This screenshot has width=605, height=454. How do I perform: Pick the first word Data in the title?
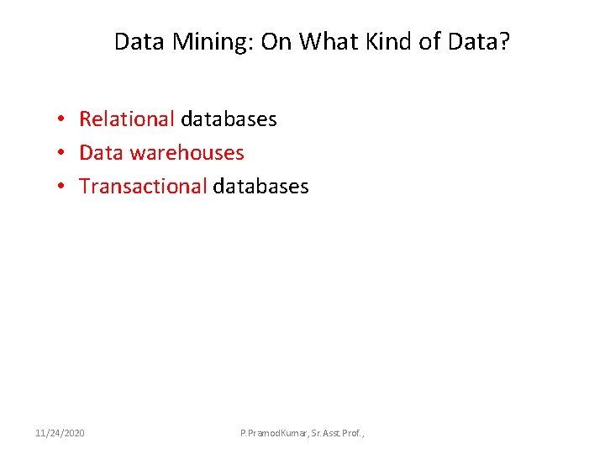click(x=139, y=41)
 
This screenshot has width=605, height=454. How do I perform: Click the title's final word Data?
click(x=481, y=41)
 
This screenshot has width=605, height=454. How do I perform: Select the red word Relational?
click(x=126, y=119)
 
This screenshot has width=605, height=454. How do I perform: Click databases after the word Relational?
click(x=228, y=119)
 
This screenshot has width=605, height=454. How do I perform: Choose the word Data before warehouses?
click(x=100, y=153)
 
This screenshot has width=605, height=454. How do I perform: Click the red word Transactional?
click(x=142, y=187)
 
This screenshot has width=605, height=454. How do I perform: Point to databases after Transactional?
click(x=260, y=187)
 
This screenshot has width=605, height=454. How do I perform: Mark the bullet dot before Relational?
click(x=63, y=119)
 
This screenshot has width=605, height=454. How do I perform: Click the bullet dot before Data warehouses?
click(x=63, y=153)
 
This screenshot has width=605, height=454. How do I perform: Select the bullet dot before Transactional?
click(x=63, y=187)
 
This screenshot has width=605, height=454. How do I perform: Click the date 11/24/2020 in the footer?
click(x=60, y=433)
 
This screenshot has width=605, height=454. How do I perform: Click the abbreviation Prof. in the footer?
click(x=356, y=433)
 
